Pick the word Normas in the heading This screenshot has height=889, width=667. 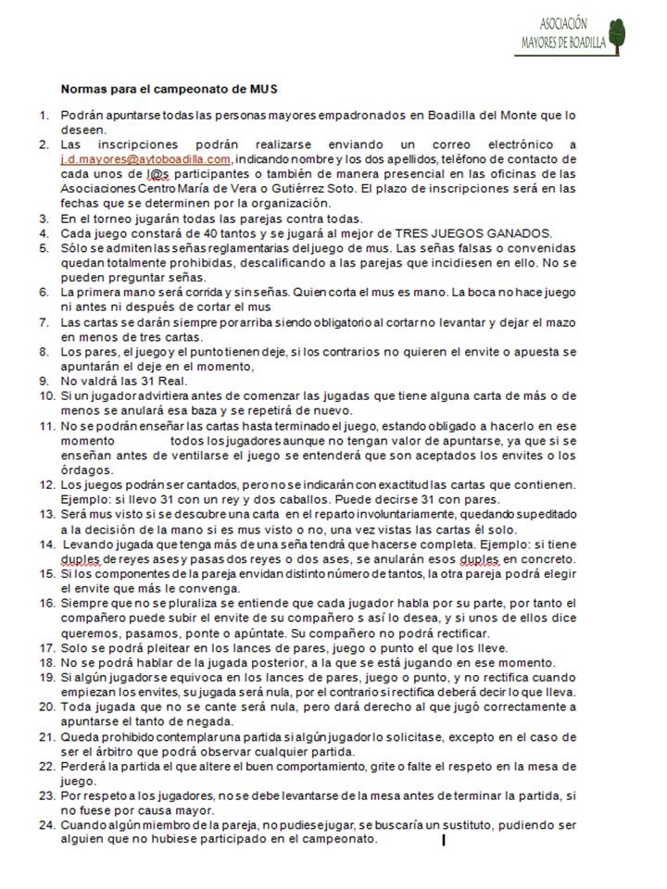coord(82,89)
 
